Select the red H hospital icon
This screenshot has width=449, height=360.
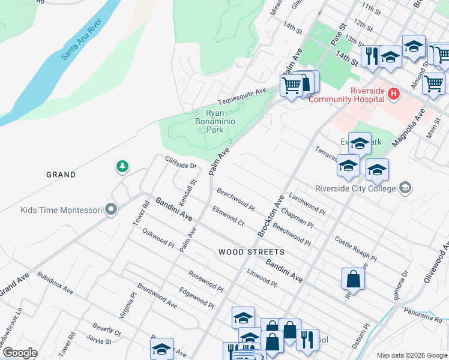393,94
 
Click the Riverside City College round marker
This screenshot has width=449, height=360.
405,188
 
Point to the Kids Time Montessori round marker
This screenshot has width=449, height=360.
110,209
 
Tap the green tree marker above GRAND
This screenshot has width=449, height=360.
122,166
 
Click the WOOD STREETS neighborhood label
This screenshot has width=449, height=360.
251,252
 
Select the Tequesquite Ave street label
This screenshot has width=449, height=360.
242,95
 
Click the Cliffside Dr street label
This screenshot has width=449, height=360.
181,162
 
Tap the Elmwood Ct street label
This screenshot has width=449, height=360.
228,216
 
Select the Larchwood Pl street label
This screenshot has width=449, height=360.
307,203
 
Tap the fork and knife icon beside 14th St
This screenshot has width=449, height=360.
371,56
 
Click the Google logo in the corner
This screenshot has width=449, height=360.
19,353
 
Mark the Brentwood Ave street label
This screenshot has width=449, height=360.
157,296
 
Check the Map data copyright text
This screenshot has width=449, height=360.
411,355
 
